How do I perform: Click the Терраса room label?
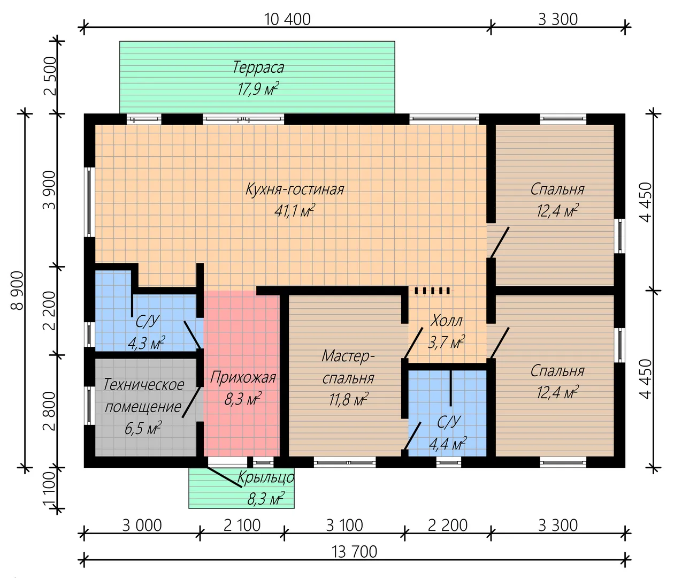[x=258, y=68]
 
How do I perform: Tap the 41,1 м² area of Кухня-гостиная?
[x=294, y=211]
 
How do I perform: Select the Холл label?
[x=446, y=321]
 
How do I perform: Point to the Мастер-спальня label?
[x=348, y=367]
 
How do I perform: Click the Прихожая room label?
[x=243, y=378]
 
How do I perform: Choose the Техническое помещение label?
[x=143, y=396]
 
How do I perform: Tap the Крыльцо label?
[x=265, y=477]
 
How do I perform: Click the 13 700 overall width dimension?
[x=355, y=551]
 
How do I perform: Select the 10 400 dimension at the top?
[x=287, y=19]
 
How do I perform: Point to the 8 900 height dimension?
[x=18, y=291]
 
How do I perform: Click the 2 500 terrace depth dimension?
[x=50, y=75]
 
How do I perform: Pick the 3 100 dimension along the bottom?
[x=344, y=526]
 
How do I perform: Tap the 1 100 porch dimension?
[x=50, y=488]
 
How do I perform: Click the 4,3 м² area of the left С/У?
[x=146, y=343]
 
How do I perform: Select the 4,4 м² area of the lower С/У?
[x=448, y=444]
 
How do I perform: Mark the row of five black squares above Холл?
[x=432, y=291]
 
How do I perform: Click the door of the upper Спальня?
[x=499, y=242]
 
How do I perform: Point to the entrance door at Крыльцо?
[x=224, y=476]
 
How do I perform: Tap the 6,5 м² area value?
[x=143, y=428]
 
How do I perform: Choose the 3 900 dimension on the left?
[x=50, y=190]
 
